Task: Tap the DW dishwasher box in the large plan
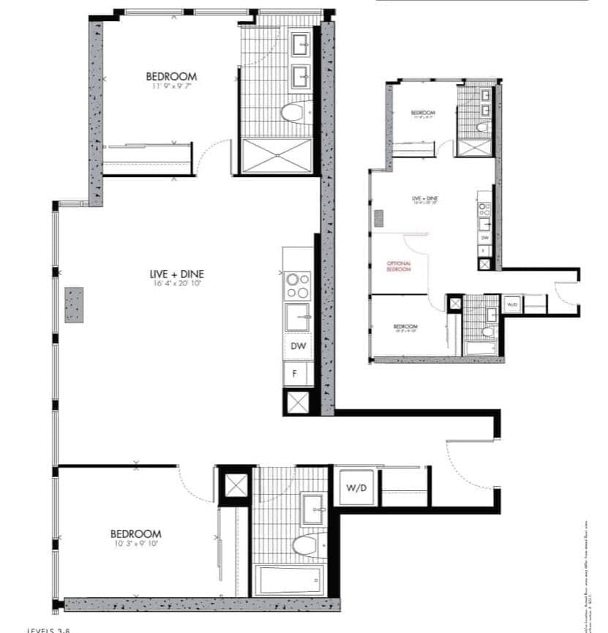tap(298, 346)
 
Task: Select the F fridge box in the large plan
tap(296, 373)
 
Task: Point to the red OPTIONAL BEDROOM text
tap(399, 266)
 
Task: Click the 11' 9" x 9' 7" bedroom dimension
tap(171, 86)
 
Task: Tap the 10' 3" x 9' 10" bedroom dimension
tap(136, 544)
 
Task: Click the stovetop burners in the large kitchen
tap(298, 285)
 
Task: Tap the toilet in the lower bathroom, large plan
tap(304, 545)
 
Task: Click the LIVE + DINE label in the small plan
tap(424, 198)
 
